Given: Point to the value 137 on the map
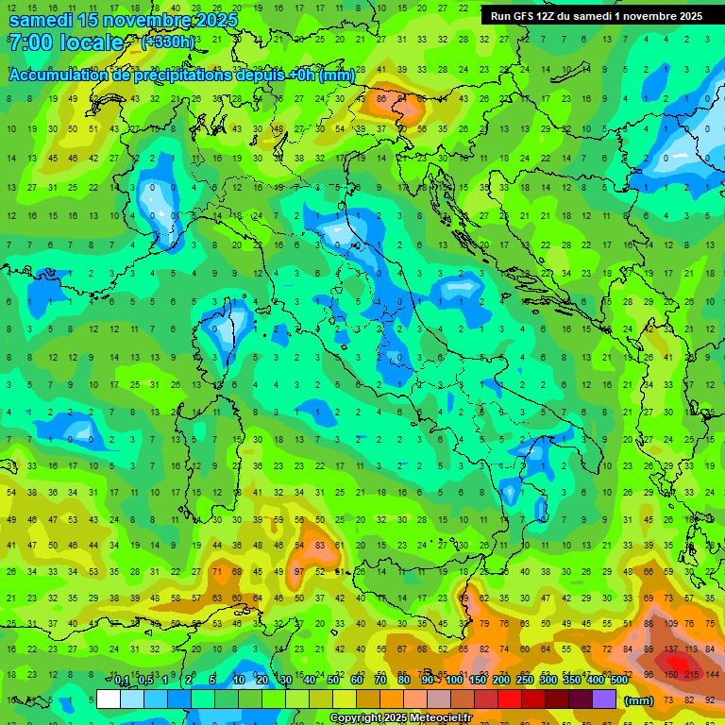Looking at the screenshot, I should click(x=672, y=650).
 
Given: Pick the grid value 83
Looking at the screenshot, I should click(x=321, y=546).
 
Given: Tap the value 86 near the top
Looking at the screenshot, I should click(x=382, y=97).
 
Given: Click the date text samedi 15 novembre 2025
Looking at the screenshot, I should click(x=123, y=19).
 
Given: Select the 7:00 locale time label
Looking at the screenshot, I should click(x=66, y=42).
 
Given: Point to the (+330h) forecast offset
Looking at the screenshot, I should click(x=167, y=42).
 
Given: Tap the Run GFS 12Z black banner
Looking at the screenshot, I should click(x=596, y=16).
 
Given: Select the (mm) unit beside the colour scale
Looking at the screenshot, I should click(x=638, y=700).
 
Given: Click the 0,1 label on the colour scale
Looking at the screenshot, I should click(x=121, y=681).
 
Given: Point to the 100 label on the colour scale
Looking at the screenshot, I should click(x=455, y=681).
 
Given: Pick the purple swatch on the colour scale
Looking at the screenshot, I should click(x=604, y=700).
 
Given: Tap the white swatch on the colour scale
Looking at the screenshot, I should click(x=109, y=700).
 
